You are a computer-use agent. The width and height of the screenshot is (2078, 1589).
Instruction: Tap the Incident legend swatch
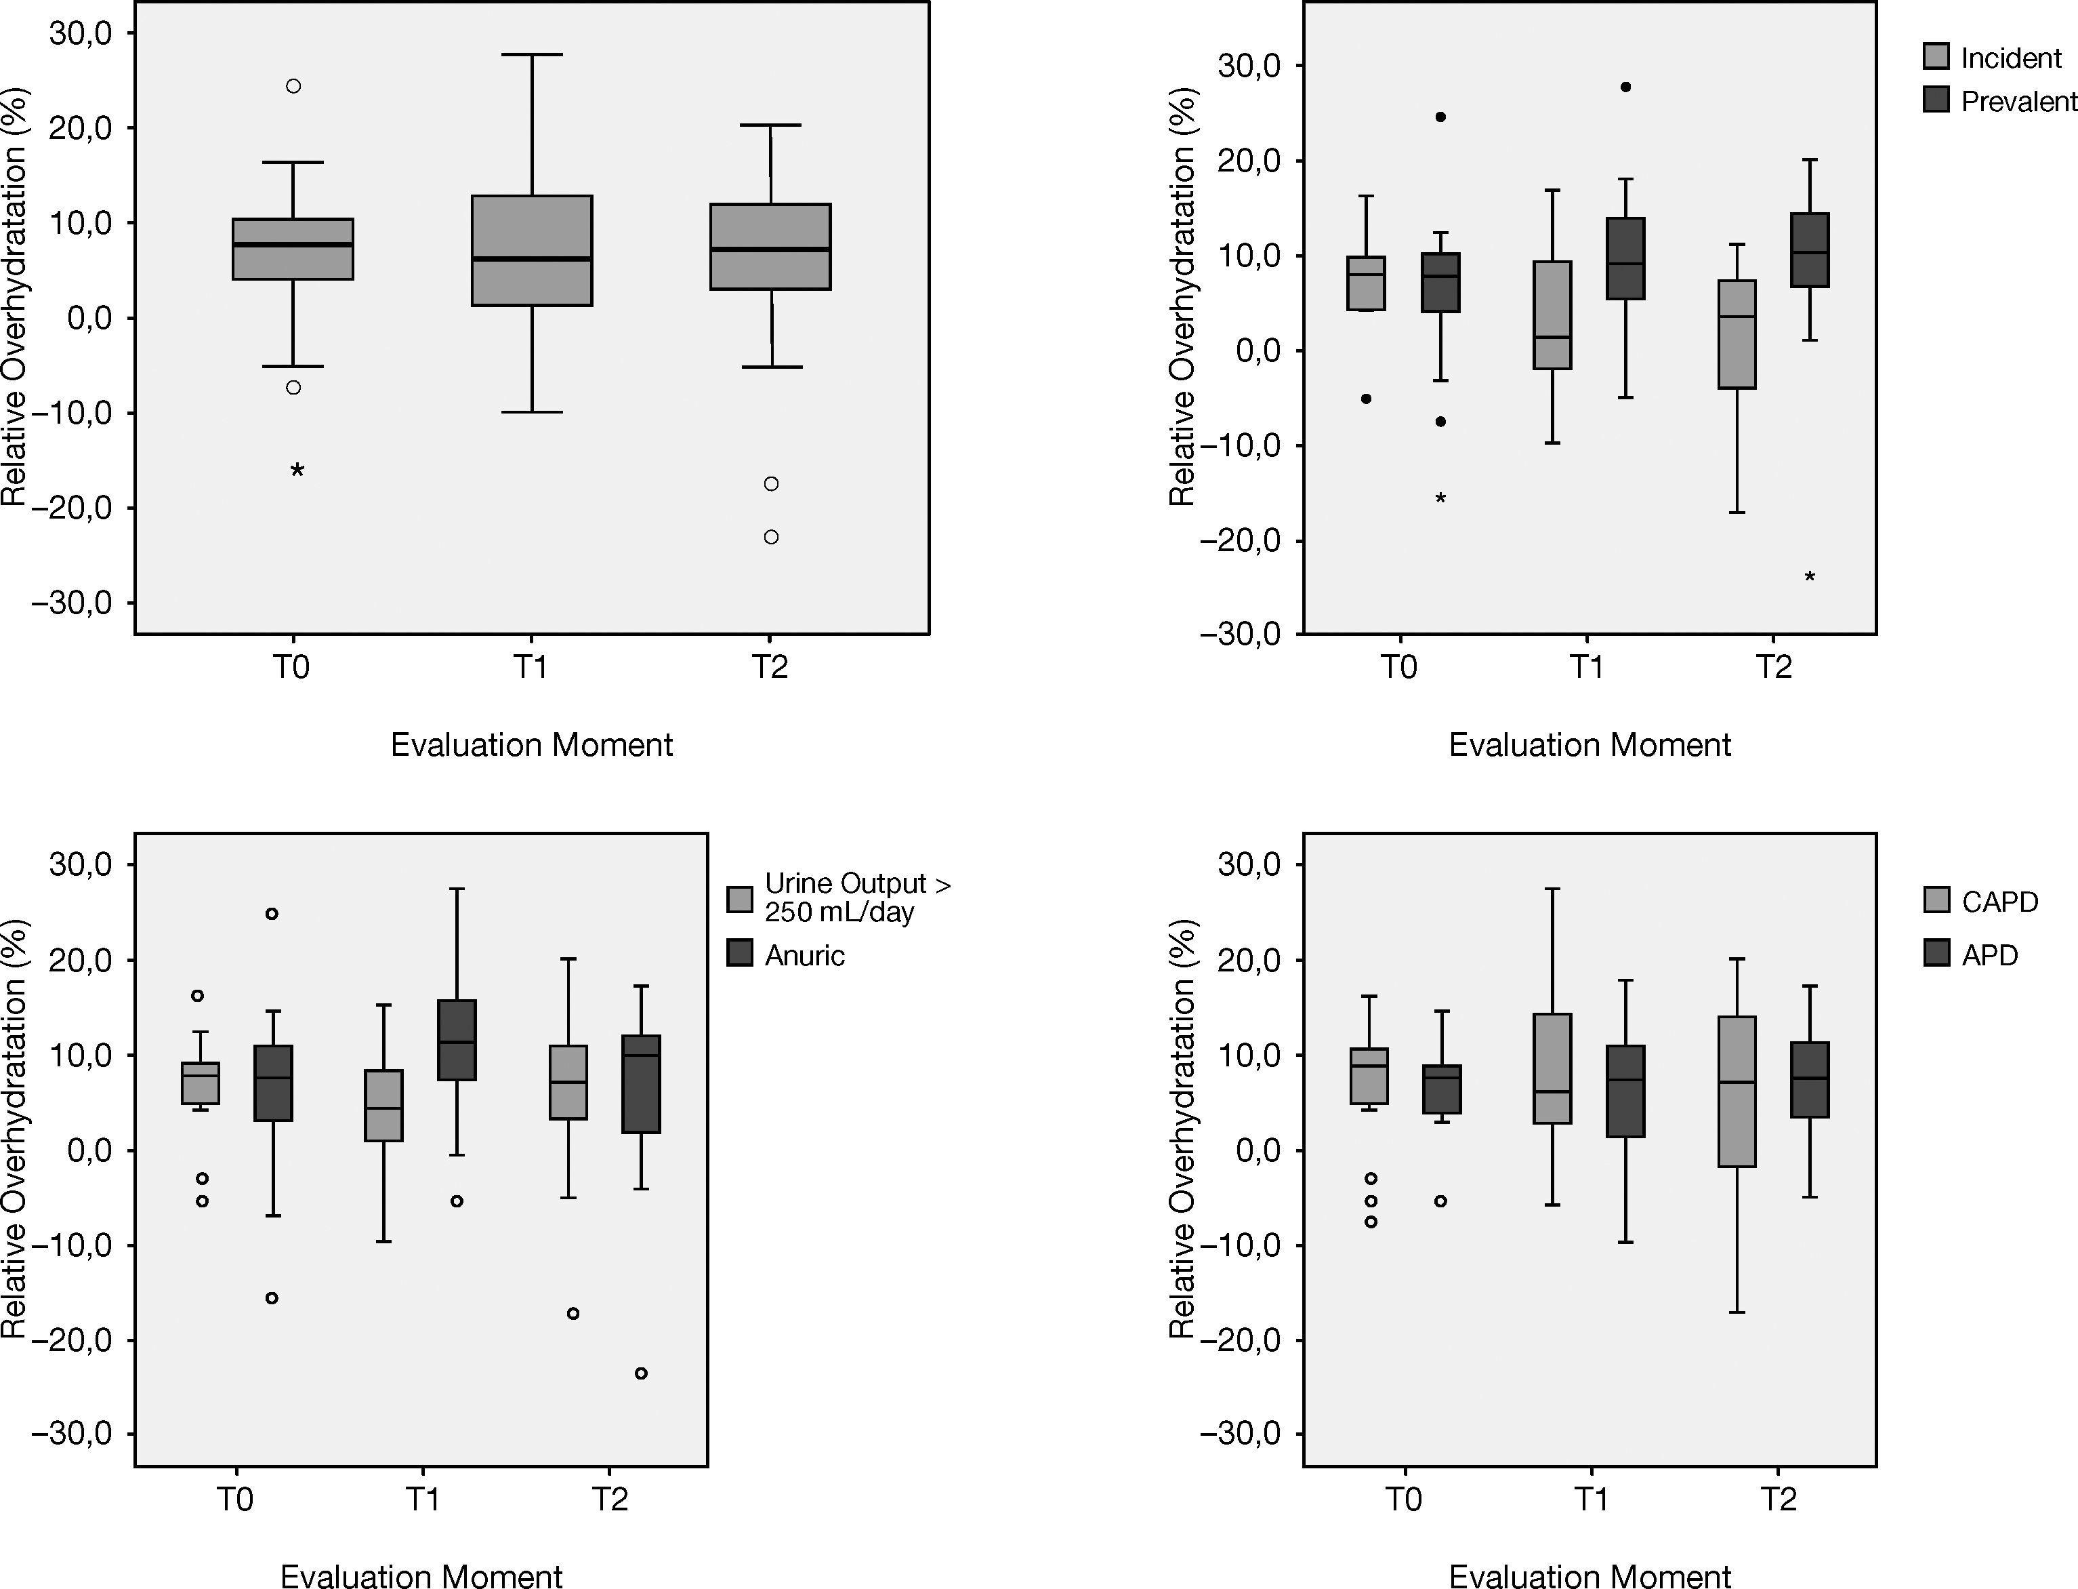(1936, 57)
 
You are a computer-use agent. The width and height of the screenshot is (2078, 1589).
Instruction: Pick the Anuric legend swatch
(739, 953)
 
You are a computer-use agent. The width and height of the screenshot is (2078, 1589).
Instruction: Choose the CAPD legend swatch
(1936, 900)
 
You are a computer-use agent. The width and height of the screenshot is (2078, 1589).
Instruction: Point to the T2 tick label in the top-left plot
(770, 668)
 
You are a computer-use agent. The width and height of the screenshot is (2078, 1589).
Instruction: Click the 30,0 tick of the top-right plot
(1247, 66)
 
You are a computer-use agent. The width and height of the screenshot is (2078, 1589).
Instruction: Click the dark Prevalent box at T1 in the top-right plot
(1625, 258)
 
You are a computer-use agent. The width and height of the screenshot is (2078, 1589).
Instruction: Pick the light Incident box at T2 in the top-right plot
(1736, 334)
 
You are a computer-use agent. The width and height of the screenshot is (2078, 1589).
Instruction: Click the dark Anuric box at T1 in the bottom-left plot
(457, 1039)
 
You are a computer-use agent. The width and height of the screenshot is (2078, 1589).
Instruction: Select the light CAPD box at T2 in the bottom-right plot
(1736, 1091)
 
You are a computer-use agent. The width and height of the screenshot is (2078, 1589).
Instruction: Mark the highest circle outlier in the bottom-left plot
(271, 914)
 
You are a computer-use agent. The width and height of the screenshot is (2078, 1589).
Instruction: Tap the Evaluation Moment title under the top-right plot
(1589, 745)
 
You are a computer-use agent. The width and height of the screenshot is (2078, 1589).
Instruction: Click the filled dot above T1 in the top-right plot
(1625, 87)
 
